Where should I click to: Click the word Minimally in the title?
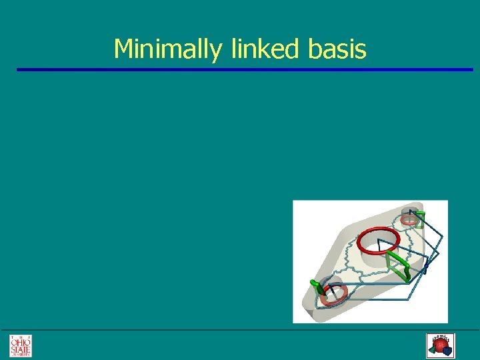pos(169,49)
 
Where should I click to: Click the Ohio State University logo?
pos(20,345)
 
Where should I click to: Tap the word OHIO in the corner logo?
pos(20,341)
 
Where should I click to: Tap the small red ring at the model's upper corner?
pos(409,218)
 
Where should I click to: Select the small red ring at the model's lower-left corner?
pos(331,294)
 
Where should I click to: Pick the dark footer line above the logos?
pos(240,330)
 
